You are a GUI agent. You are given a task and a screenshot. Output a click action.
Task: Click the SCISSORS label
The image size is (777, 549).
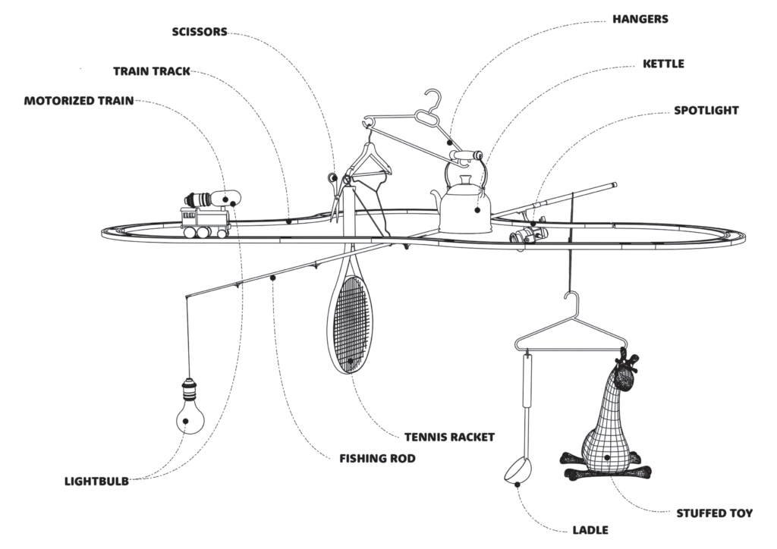(x=200, y=32)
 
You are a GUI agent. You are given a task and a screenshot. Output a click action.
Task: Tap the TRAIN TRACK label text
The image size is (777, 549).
(x=152, y=71)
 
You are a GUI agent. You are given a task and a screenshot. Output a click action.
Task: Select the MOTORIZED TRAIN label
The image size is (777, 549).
(x=78, y=101)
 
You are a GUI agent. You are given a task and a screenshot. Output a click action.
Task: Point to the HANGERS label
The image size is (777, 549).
(x=640, y=19)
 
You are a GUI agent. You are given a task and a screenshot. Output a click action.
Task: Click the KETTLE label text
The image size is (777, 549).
(x=663, y=64)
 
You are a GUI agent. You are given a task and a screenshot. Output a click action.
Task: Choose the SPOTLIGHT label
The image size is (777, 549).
(x=706, y=111)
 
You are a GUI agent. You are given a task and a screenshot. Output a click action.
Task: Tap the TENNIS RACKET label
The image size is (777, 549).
(x=449, y=437)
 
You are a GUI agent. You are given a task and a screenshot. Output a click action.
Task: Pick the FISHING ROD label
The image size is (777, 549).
(x=377, y=459)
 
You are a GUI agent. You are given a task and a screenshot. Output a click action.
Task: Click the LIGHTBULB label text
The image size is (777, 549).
(x=96, y=481)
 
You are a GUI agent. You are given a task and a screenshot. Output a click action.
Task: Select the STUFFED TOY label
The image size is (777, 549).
(x=714, y=513)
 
